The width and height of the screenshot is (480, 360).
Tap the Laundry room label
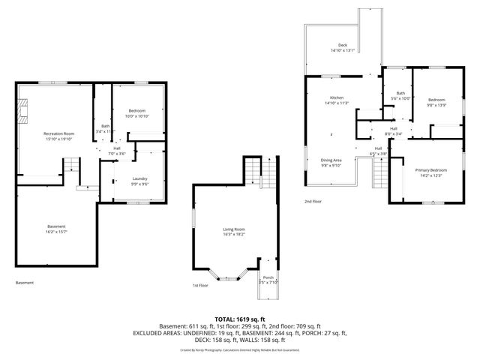(139, 180)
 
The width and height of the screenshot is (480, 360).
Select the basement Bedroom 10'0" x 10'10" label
(137, 113)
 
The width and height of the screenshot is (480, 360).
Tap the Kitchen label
(337, 101)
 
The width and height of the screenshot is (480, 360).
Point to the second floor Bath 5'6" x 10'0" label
(401, 96)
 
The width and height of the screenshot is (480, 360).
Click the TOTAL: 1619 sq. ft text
(240, 319)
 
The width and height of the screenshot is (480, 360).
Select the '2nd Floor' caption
(312, 202)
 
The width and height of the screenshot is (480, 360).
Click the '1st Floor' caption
(199, 286)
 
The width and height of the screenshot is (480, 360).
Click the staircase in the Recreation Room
(70, 166)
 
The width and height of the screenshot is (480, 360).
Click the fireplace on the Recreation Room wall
(22, 110)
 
